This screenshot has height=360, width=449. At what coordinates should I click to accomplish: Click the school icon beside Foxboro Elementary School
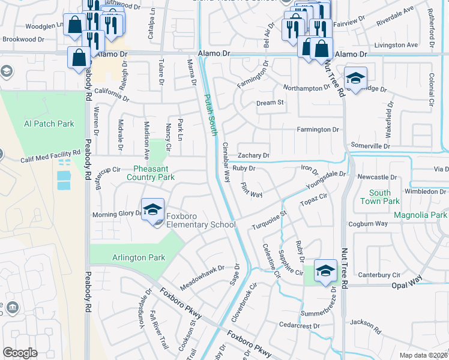[x=152, y=210]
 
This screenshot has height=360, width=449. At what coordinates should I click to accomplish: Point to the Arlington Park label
[x=138, y=257]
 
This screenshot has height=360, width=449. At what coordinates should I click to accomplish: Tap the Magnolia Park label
[x=420, y=215]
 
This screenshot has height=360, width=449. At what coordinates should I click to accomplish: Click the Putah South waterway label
[x=210, y=114]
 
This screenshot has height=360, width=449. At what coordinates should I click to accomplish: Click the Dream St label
[x=270, y=103]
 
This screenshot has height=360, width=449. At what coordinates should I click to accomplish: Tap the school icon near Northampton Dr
[x=355, y=79]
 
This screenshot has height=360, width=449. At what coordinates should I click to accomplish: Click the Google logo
[x=20, y=353]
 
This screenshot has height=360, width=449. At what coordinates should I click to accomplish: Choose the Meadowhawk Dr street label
[x=202, y=275]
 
